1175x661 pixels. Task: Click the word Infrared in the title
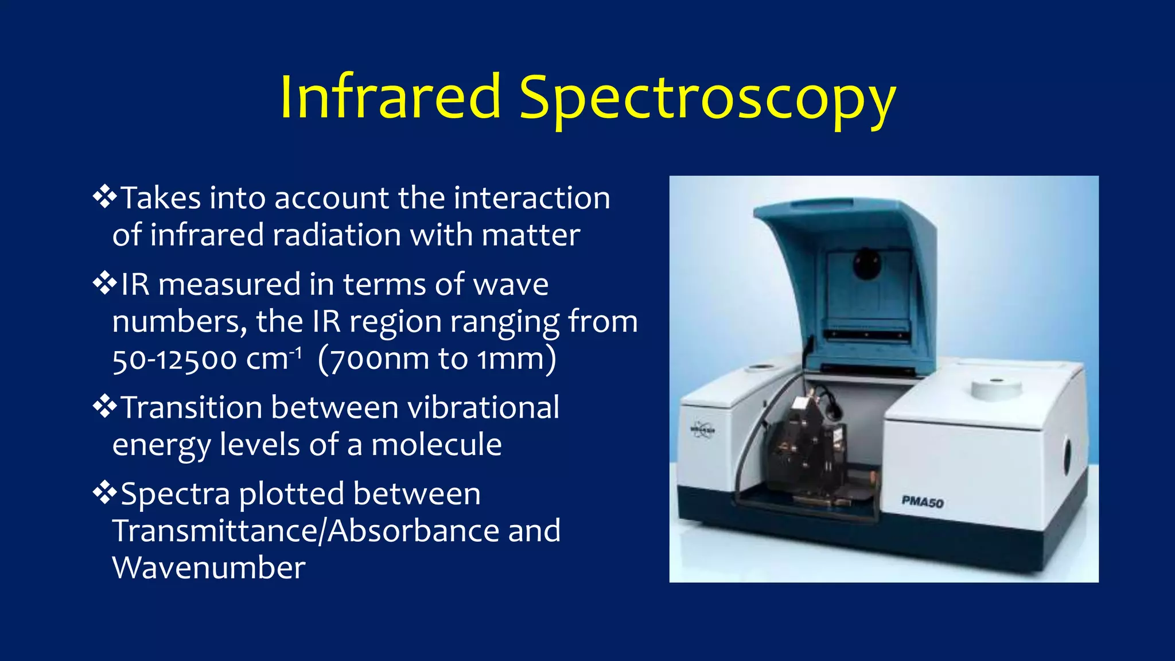click(x=390, y=98)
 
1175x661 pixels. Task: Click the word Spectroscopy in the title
click(x=707, y=100)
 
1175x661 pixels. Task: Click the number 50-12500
click(x=174, y=360)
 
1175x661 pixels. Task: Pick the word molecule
click(x=436, y=445)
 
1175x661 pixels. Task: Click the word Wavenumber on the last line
click(x=209, y=568)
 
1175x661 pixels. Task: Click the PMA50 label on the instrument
click(x=923, y=502)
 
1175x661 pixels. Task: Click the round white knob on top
click(x=997, y=388)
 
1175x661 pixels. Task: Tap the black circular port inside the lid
click(x=866, y=264)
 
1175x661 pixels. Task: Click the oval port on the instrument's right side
click(x=1067, y=456)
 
